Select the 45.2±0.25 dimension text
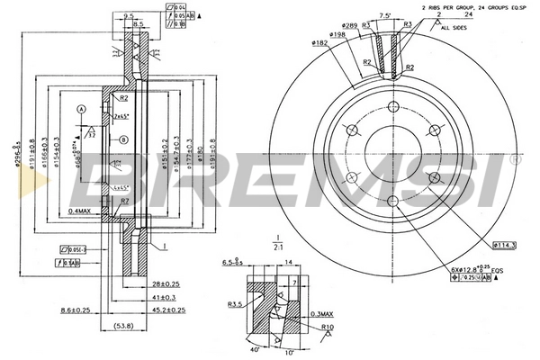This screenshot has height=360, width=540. pos(166,310)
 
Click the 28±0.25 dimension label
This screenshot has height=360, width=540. pos(166,284)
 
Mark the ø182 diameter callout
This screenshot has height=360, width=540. pos(319,42)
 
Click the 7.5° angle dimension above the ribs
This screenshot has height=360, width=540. pos(385,15)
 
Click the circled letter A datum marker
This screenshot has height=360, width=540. pos(81,109)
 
